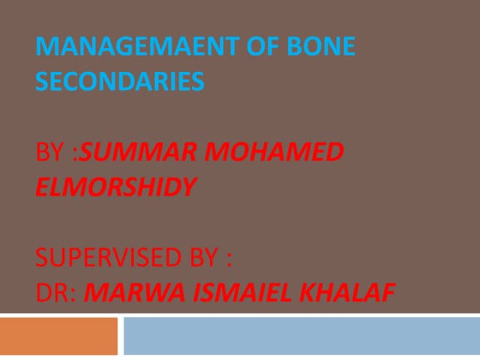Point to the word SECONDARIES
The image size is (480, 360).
pyautogui.click(x=119, y=81)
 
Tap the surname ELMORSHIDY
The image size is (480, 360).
pyautogui.click(x=115, y=186)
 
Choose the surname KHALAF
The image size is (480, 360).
pyautogui.click(x=346, y=292)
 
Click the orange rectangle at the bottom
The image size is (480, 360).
pyautogui.click(x=58, y=336)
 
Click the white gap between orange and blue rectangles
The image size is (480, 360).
pyautogui.click(x=121, y=336)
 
